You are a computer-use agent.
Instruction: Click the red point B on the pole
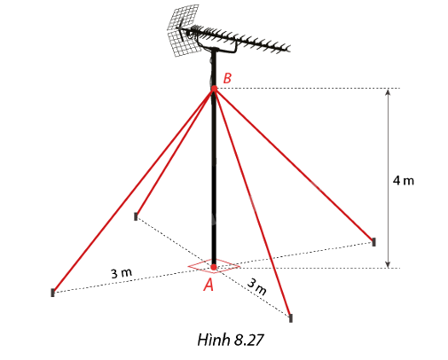pyautogui.click(x=214, y=88)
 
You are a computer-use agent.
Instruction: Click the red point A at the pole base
pyautogui.click(x=214, y=268)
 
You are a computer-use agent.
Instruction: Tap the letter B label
pyautogui.click(x=227, y=78)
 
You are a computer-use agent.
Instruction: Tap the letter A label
pyautogui.click(x=208, y=285)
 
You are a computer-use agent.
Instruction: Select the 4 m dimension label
pyautogui.click(x=404, y=180)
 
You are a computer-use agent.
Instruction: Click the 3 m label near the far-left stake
pyautogui.click(x=122, y=273)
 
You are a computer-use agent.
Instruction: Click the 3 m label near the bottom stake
pyautogui.click(x=256, y=286)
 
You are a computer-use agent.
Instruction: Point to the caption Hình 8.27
pyautogui.click(x=230, y=340)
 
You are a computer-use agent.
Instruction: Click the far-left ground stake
pyautogui.click(x=52, y=293)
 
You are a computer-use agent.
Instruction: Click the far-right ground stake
pyautogui.click(x=373, y=242)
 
